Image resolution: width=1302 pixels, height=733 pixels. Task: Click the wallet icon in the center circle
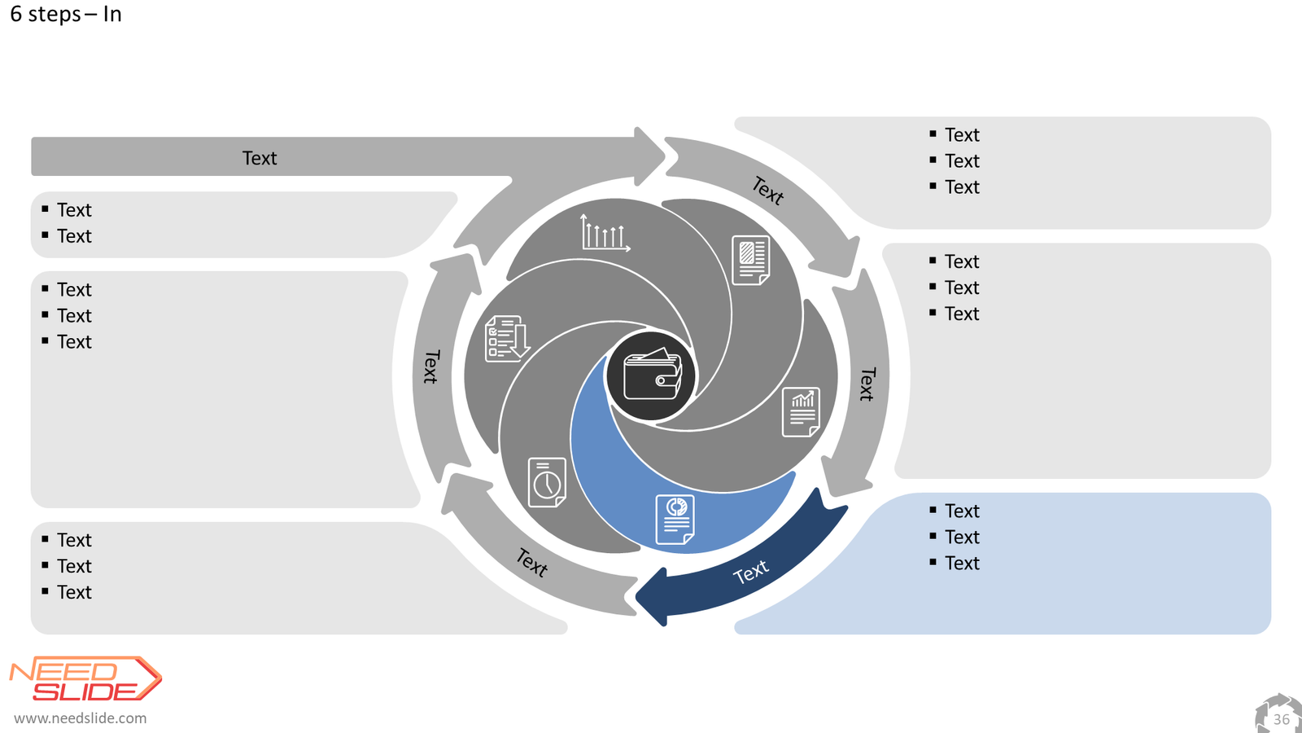(652, 375)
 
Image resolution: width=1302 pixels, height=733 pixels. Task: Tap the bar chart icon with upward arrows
(605, 233)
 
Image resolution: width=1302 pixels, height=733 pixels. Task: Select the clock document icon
(547, 482)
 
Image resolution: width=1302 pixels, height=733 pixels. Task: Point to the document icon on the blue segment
(675, 520)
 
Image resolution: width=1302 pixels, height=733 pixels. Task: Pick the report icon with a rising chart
(801, 412)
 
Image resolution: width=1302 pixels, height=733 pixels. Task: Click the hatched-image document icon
(751, 260)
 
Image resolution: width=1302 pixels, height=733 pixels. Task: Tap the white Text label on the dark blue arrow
(750, 573)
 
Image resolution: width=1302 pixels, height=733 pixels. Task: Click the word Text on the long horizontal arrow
(260, 158)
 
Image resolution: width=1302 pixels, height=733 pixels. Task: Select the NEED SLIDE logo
(85, 679)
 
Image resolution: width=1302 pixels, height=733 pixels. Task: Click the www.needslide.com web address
(81, 718)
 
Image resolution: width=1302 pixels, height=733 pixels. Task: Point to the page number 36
(1281, 720)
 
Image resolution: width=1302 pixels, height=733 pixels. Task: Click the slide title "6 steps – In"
(66, 14)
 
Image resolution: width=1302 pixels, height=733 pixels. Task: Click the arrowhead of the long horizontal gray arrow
(650, 156)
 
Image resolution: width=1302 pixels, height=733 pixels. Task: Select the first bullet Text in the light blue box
(962, 511)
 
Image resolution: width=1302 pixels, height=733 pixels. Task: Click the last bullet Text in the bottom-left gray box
(74, 592)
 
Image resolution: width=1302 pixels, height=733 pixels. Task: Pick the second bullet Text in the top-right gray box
(962, 160)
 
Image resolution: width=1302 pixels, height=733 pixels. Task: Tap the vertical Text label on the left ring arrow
(431, 366)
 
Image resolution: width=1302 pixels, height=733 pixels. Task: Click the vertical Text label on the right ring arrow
(867, 384)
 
